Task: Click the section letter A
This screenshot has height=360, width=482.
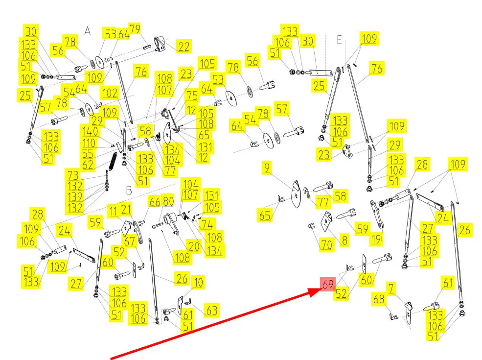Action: pyautogui.click(x=88, y=31)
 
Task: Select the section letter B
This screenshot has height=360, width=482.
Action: pyautogui.click(x=129, y=190)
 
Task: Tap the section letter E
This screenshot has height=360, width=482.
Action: pyautogui.click(x=340, y=40)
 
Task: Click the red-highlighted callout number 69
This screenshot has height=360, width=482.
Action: pyautogui.click(x=327, y=284)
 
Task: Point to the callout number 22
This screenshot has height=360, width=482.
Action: pyautogui.click(x=184, y=47)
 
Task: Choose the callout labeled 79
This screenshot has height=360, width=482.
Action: pyautogui.click(x=135, y=28)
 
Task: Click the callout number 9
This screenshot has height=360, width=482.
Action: pyautogui.click(x=267, y=168)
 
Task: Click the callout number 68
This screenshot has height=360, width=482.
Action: pyautogui.click(x=379, y=298)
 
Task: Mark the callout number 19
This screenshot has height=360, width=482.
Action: pyautogui.click(x=376, y=240)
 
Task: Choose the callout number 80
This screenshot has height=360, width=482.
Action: pyautogui.click(x=168, y=201)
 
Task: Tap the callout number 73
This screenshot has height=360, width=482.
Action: pyautogui.click(x=73, y=176)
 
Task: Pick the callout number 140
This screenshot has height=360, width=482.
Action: pyautogui.click(x=91, y=132)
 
